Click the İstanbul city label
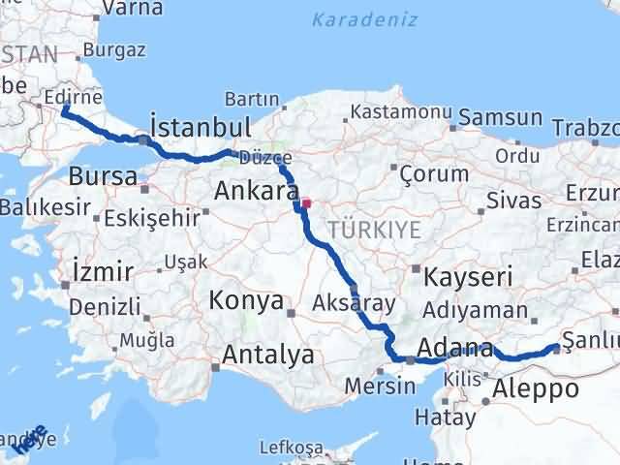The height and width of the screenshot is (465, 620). [x=201, y=127]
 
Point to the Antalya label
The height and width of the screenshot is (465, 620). [x=267, y=355]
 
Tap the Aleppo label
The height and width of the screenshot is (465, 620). [x=536, y=389]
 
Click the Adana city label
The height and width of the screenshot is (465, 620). [x=454, y=348]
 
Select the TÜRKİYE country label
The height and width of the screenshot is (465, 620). [x=374, y=230]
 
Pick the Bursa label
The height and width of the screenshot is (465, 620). [x=102, y=176]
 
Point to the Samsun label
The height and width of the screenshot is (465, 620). [x=499, y=117]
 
